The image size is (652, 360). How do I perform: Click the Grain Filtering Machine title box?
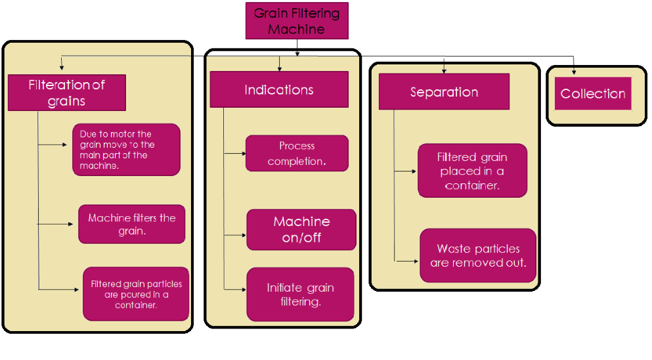(x=296, y=20)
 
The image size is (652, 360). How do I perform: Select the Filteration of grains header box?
(x=66, y=93)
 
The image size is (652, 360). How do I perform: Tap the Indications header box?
(x=278, y=90)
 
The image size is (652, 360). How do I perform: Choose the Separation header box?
(x=444, y=92)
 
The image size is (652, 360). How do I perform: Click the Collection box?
(x=593, y=94)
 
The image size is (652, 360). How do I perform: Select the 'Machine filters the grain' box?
(x=131, y=224)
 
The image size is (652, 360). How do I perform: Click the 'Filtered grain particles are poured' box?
(x=136, y=294)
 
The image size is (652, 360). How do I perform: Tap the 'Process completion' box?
(x=297, y=154)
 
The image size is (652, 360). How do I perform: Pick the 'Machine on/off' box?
(x=301, y=229)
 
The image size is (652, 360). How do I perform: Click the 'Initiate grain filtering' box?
(x=300, y=294)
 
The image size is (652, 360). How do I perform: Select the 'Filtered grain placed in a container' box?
(x=472, y=171)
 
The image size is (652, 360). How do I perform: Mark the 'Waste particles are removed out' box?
(x=478, y=256)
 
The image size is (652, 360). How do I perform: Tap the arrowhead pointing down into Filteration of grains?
(x=62, y=68)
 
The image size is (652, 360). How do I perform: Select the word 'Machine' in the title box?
(x=296, y=29)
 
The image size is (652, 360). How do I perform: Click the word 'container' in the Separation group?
(x=471, y=185)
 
